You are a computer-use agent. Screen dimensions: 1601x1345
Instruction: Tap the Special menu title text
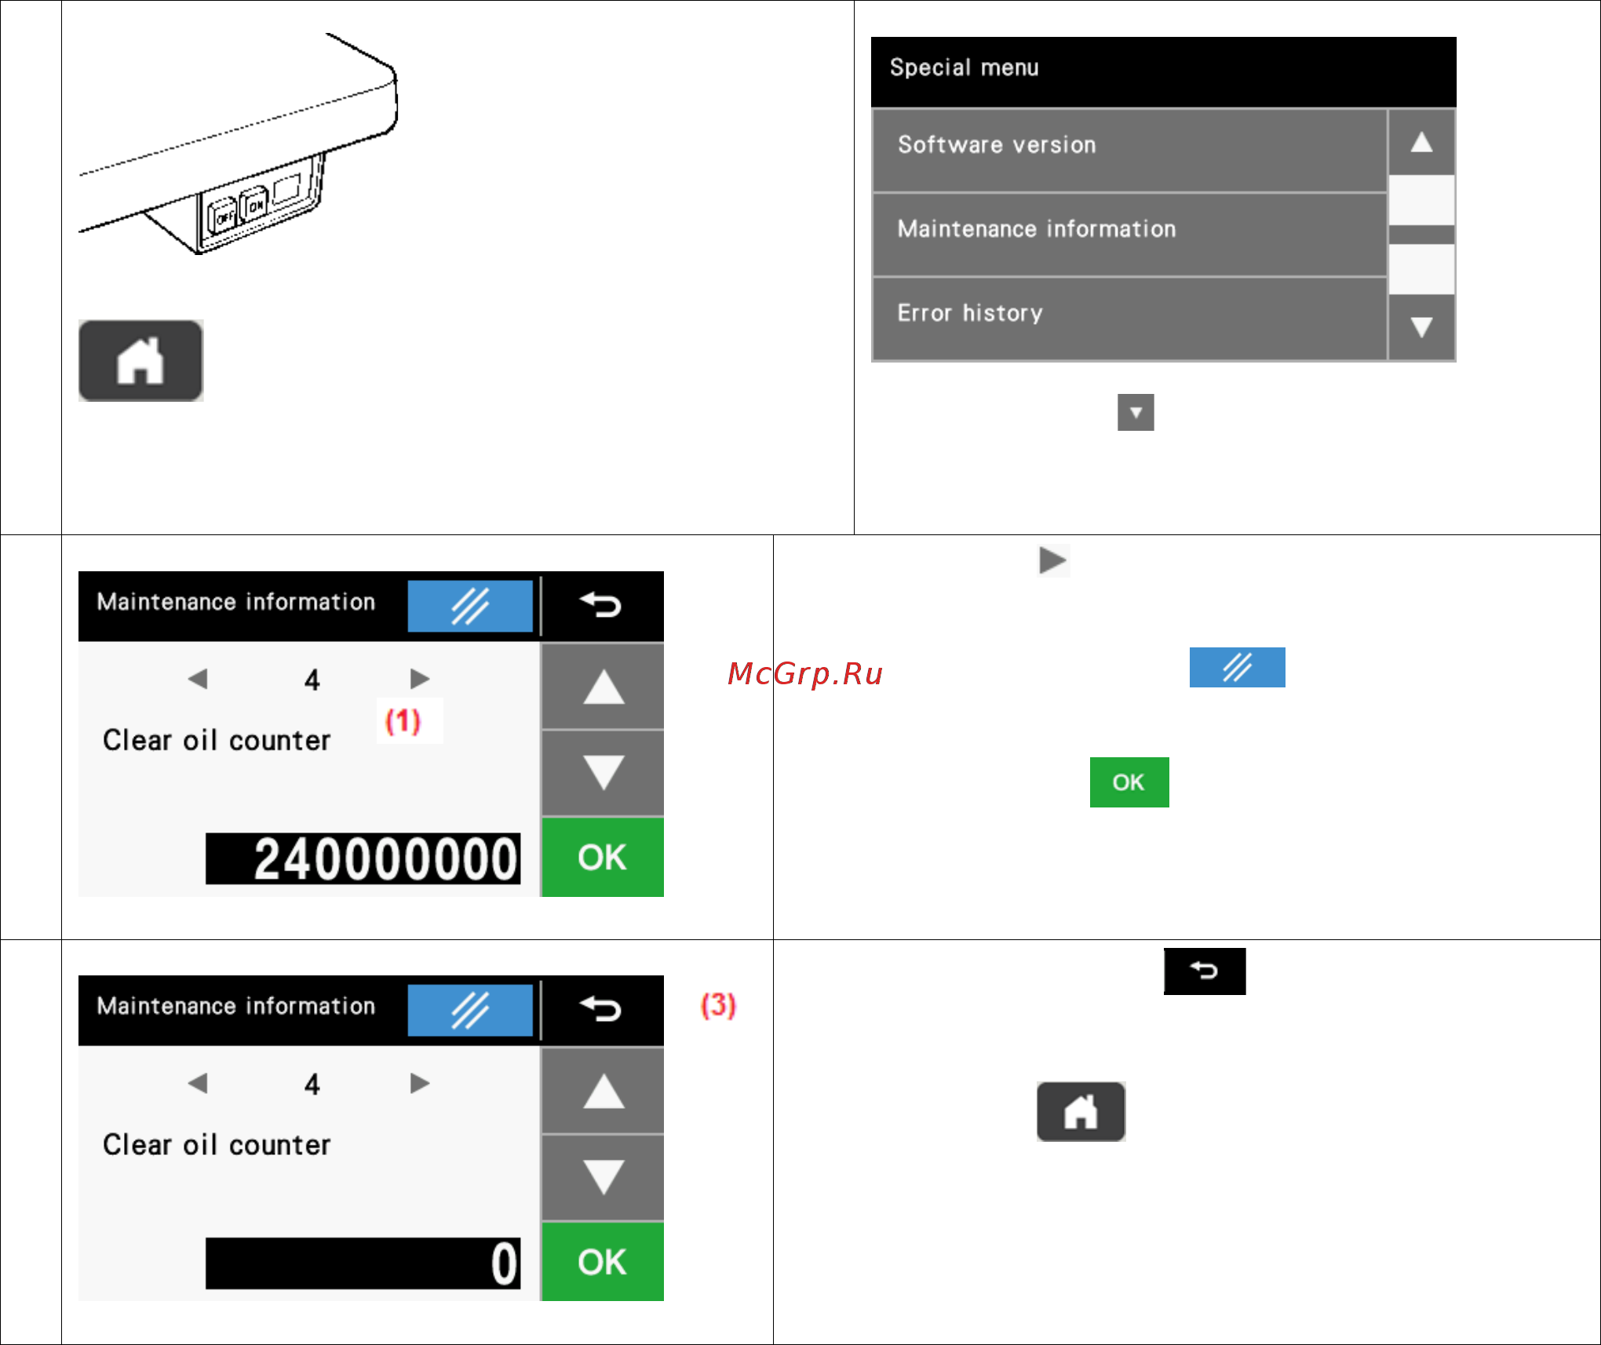[964, 67]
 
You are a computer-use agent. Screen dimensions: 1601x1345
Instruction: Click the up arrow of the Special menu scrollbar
[1421, 142]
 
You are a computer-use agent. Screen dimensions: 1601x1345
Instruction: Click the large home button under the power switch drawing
[140, 361]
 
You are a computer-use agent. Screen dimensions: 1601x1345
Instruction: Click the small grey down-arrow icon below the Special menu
[1136, 413]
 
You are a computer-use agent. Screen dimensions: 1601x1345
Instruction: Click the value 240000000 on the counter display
[385, 859]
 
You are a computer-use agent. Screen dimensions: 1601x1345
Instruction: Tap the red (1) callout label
[403, 720]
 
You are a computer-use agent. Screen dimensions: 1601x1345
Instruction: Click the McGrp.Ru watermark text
[805, 674]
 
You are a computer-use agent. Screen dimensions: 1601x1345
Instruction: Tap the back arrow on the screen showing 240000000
[602, 605]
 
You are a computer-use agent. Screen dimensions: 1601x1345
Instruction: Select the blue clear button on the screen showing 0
[470, 1010]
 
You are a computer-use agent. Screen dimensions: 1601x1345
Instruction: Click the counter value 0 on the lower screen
[505, 1263]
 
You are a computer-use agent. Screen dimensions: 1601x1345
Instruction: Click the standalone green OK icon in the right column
[1129, 782]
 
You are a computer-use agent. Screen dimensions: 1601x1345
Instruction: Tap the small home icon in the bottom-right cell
[1081, 1112]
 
